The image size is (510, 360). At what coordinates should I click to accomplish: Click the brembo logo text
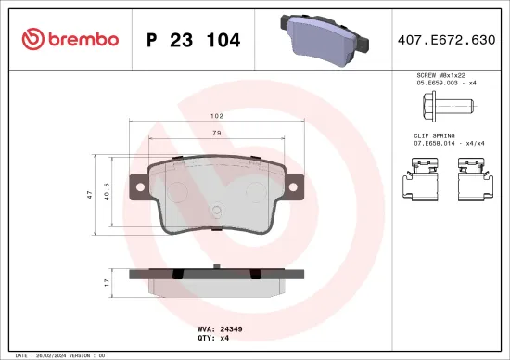tap(77, 39)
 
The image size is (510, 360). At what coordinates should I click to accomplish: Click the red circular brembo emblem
tap(32, 39)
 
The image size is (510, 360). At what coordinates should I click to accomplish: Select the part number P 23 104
tap(194, 40)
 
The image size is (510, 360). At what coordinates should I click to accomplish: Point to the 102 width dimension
tap(215, 117)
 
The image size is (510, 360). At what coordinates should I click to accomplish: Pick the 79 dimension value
tap(215, 134)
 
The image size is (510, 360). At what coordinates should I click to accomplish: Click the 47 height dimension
tap(88, 193)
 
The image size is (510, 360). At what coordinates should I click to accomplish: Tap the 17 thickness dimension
tap(108, 280)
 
